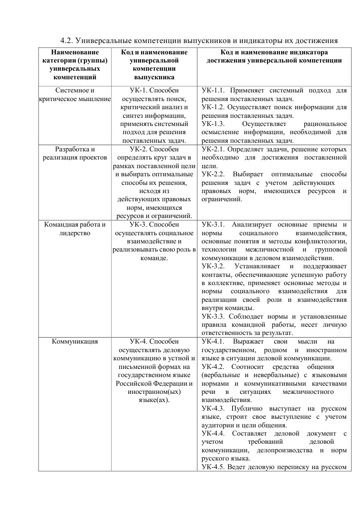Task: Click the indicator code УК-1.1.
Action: (213, 91)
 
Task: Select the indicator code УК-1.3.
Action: (213, 124)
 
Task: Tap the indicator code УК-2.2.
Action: (213, 174)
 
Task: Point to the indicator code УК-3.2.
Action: (213, 266)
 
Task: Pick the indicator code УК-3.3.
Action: (213, 316)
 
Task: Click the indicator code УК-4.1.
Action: (213, 341)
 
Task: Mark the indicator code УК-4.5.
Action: (213, 467)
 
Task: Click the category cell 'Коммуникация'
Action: (75, 341)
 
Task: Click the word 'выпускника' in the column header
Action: (154, 77)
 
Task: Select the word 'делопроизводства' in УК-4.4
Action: (283, 450)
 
